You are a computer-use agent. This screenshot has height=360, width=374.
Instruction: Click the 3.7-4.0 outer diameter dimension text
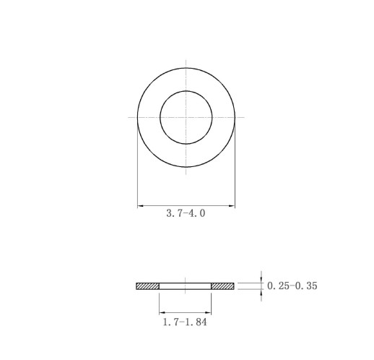tap(186, 213)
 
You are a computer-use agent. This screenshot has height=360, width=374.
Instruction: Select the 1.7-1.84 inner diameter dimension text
tap(185, 322)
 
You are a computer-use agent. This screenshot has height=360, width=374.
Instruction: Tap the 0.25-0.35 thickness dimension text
tap(292, 286)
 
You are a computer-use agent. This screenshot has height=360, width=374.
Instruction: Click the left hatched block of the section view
tap(147, 286)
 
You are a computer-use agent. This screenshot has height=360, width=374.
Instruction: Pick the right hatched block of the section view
tap(222, 286)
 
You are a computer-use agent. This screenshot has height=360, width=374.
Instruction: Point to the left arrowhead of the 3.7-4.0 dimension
tap(140, 206)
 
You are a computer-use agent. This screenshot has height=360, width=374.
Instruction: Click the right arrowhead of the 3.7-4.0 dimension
tap(232, 206)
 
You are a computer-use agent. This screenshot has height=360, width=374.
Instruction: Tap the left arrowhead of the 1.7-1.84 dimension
tap(162, 312)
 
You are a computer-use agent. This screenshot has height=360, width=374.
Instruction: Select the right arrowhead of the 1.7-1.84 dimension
tap(208, 312)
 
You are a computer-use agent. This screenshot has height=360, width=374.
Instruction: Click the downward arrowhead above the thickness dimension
tap(261, 280)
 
